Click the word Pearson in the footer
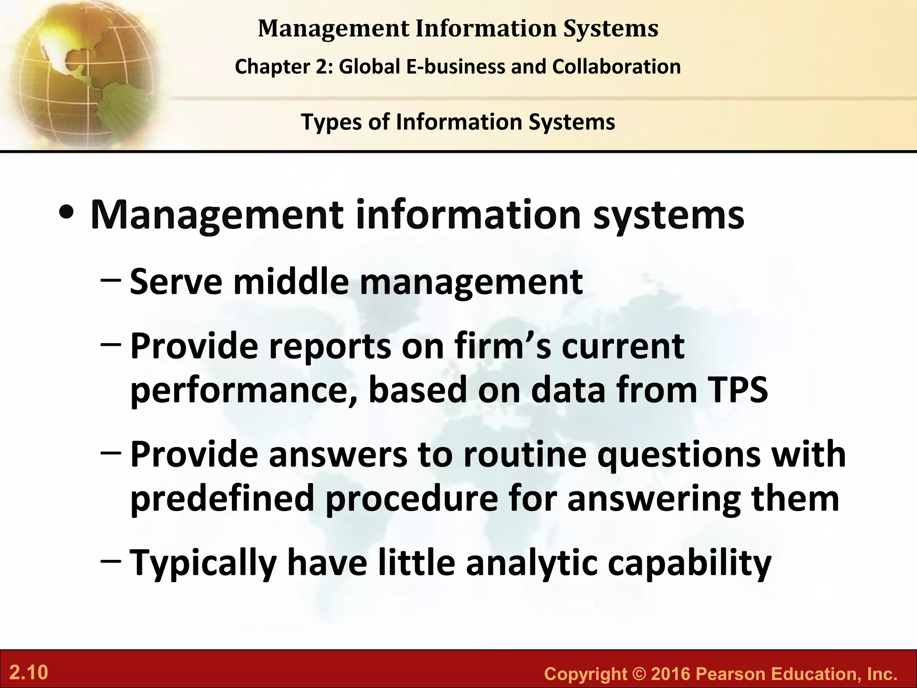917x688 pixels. point(730,674)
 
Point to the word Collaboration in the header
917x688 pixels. point(617,67)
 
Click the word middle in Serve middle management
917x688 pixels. point(291,282)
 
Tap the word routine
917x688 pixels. point(524,454)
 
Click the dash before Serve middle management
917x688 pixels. point(111,281)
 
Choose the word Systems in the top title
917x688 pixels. point(611,28)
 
